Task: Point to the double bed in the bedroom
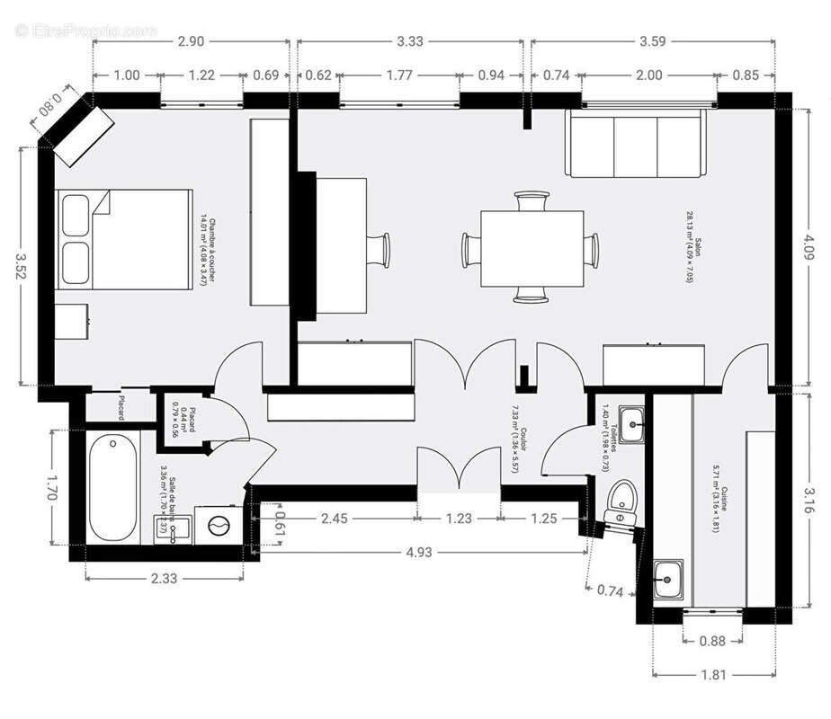(124, 238)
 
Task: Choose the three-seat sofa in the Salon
(633, 144)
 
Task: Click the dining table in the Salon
(532, 249)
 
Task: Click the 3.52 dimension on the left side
(20, 266)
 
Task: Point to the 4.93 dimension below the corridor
(422, 548)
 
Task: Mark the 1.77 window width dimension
(399, 75)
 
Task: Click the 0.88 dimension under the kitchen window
(712, 641)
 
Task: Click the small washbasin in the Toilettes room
(633, 422)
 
